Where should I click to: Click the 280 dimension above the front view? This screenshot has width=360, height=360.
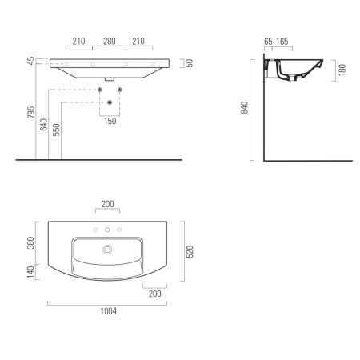tap(110, 42)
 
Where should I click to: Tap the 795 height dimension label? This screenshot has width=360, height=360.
tap(31, 112)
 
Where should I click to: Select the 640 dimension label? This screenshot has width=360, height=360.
tap(44, 125)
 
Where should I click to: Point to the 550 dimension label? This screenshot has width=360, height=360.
tap(56, 130)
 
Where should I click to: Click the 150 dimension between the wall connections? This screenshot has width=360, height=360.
tap(110, 121)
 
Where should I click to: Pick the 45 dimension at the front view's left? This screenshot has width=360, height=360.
tap(31, 61)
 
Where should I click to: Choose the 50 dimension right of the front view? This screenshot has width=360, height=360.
tap(189, 63)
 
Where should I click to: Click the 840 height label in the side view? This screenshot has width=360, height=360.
tap(244, 108)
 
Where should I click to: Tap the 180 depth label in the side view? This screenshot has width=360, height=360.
tap(342, 70)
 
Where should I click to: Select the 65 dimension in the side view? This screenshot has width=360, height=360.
tap(268, 42)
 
